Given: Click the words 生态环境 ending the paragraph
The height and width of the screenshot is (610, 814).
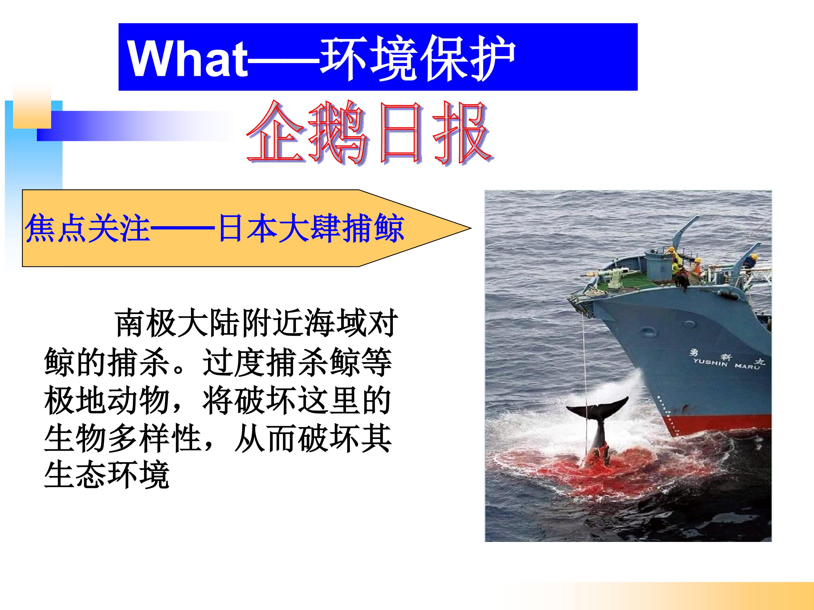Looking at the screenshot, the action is (x=107, y=475).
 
